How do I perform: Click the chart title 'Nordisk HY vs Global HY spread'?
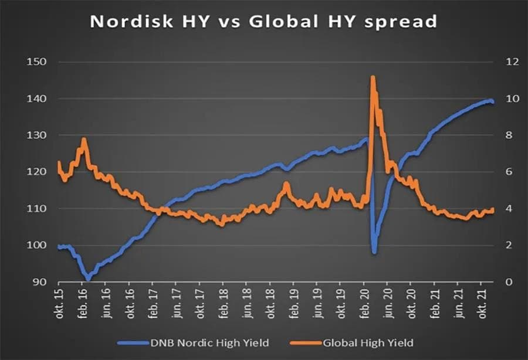(x=263, y=22)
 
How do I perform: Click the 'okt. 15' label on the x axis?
(x=59, y=303)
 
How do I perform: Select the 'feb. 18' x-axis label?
(x=223, y=303)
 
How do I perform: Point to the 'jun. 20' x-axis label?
(x=387, y=303)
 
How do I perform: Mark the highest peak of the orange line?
(x=373, y=77)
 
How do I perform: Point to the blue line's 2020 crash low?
(x=374, y=253)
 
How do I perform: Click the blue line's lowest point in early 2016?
(x=87, y=278)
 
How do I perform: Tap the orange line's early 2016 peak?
(x=84, y=140)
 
